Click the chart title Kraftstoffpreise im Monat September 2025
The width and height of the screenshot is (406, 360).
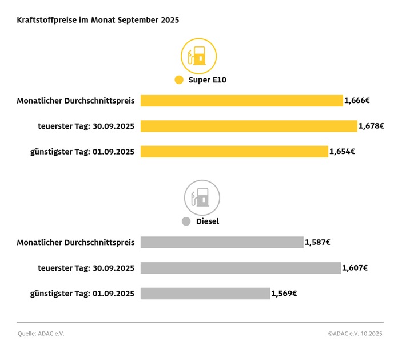(x=98, y=19)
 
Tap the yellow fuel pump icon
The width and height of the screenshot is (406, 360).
(x=199, y=56)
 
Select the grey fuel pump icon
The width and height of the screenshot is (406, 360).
(x=202, y=197)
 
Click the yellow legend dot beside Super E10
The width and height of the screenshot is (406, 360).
(x=179, y=80)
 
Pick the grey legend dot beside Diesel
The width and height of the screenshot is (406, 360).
(x=185, y=221)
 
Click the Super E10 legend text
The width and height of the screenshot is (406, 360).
(x=208, y=80)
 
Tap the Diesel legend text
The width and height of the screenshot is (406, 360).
(x=208, y=221)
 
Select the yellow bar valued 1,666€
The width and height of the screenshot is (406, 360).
(x=241, y=101)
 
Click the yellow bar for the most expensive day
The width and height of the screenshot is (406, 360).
(x=249, y=126)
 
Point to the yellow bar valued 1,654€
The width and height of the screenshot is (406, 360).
(x=234, y=152)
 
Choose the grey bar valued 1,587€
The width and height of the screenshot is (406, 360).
(x=222, y=242)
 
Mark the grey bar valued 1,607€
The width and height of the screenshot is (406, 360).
(x=240, y=268)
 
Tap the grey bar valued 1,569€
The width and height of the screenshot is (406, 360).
(x=205, y=294)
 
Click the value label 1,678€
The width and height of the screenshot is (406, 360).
(x=371, y=126)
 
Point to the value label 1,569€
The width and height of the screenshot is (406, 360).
(x=284, y=294)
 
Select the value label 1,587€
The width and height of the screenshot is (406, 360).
(x=318, y=242)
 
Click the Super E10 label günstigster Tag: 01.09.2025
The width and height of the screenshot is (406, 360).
(x=82, y=152)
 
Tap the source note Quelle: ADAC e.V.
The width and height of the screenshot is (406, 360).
(x=41, y=334)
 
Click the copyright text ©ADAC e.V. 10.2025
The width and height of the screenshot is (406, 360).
(x=355, y=334)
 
